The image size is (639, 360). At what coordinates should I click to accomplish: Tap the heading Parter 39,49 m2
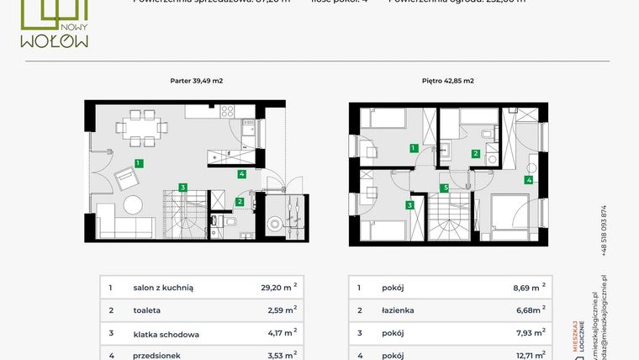pyautogui.click(x=196, y=81)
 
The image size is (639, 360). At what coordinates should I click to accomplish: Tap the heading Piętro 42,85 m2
pyautogui.click(x=447, y=81)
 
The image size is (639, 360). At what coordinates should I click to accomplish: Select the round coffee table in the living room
pyautogui.click(x=135, y=204)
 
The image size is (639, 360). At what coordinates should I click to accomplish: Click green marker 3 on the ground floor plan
pyautogui.click(x=182, y=187)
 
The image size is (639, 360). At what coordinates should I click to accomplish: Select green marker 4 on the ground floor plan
pyautogui.click(x=241, y=174)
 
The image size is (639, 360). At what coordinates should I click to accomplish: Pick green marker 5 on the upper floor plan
pyautogui.click(x=446, y=188)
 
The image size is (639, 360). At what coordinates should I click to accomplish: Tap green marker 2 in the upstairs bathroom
pyautogui.click(x=476, y=153)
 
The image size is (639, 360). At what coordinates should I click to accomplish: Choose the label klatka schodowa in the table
pyautogui.click(x=166, y=334)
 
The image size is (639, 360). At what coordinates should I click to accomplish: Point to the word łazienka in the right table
pyautogui.click(x=400, y=310)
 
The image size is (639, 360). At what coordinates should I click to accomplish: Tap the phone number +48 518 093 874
pyautogui.click(x=603, y=230)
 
